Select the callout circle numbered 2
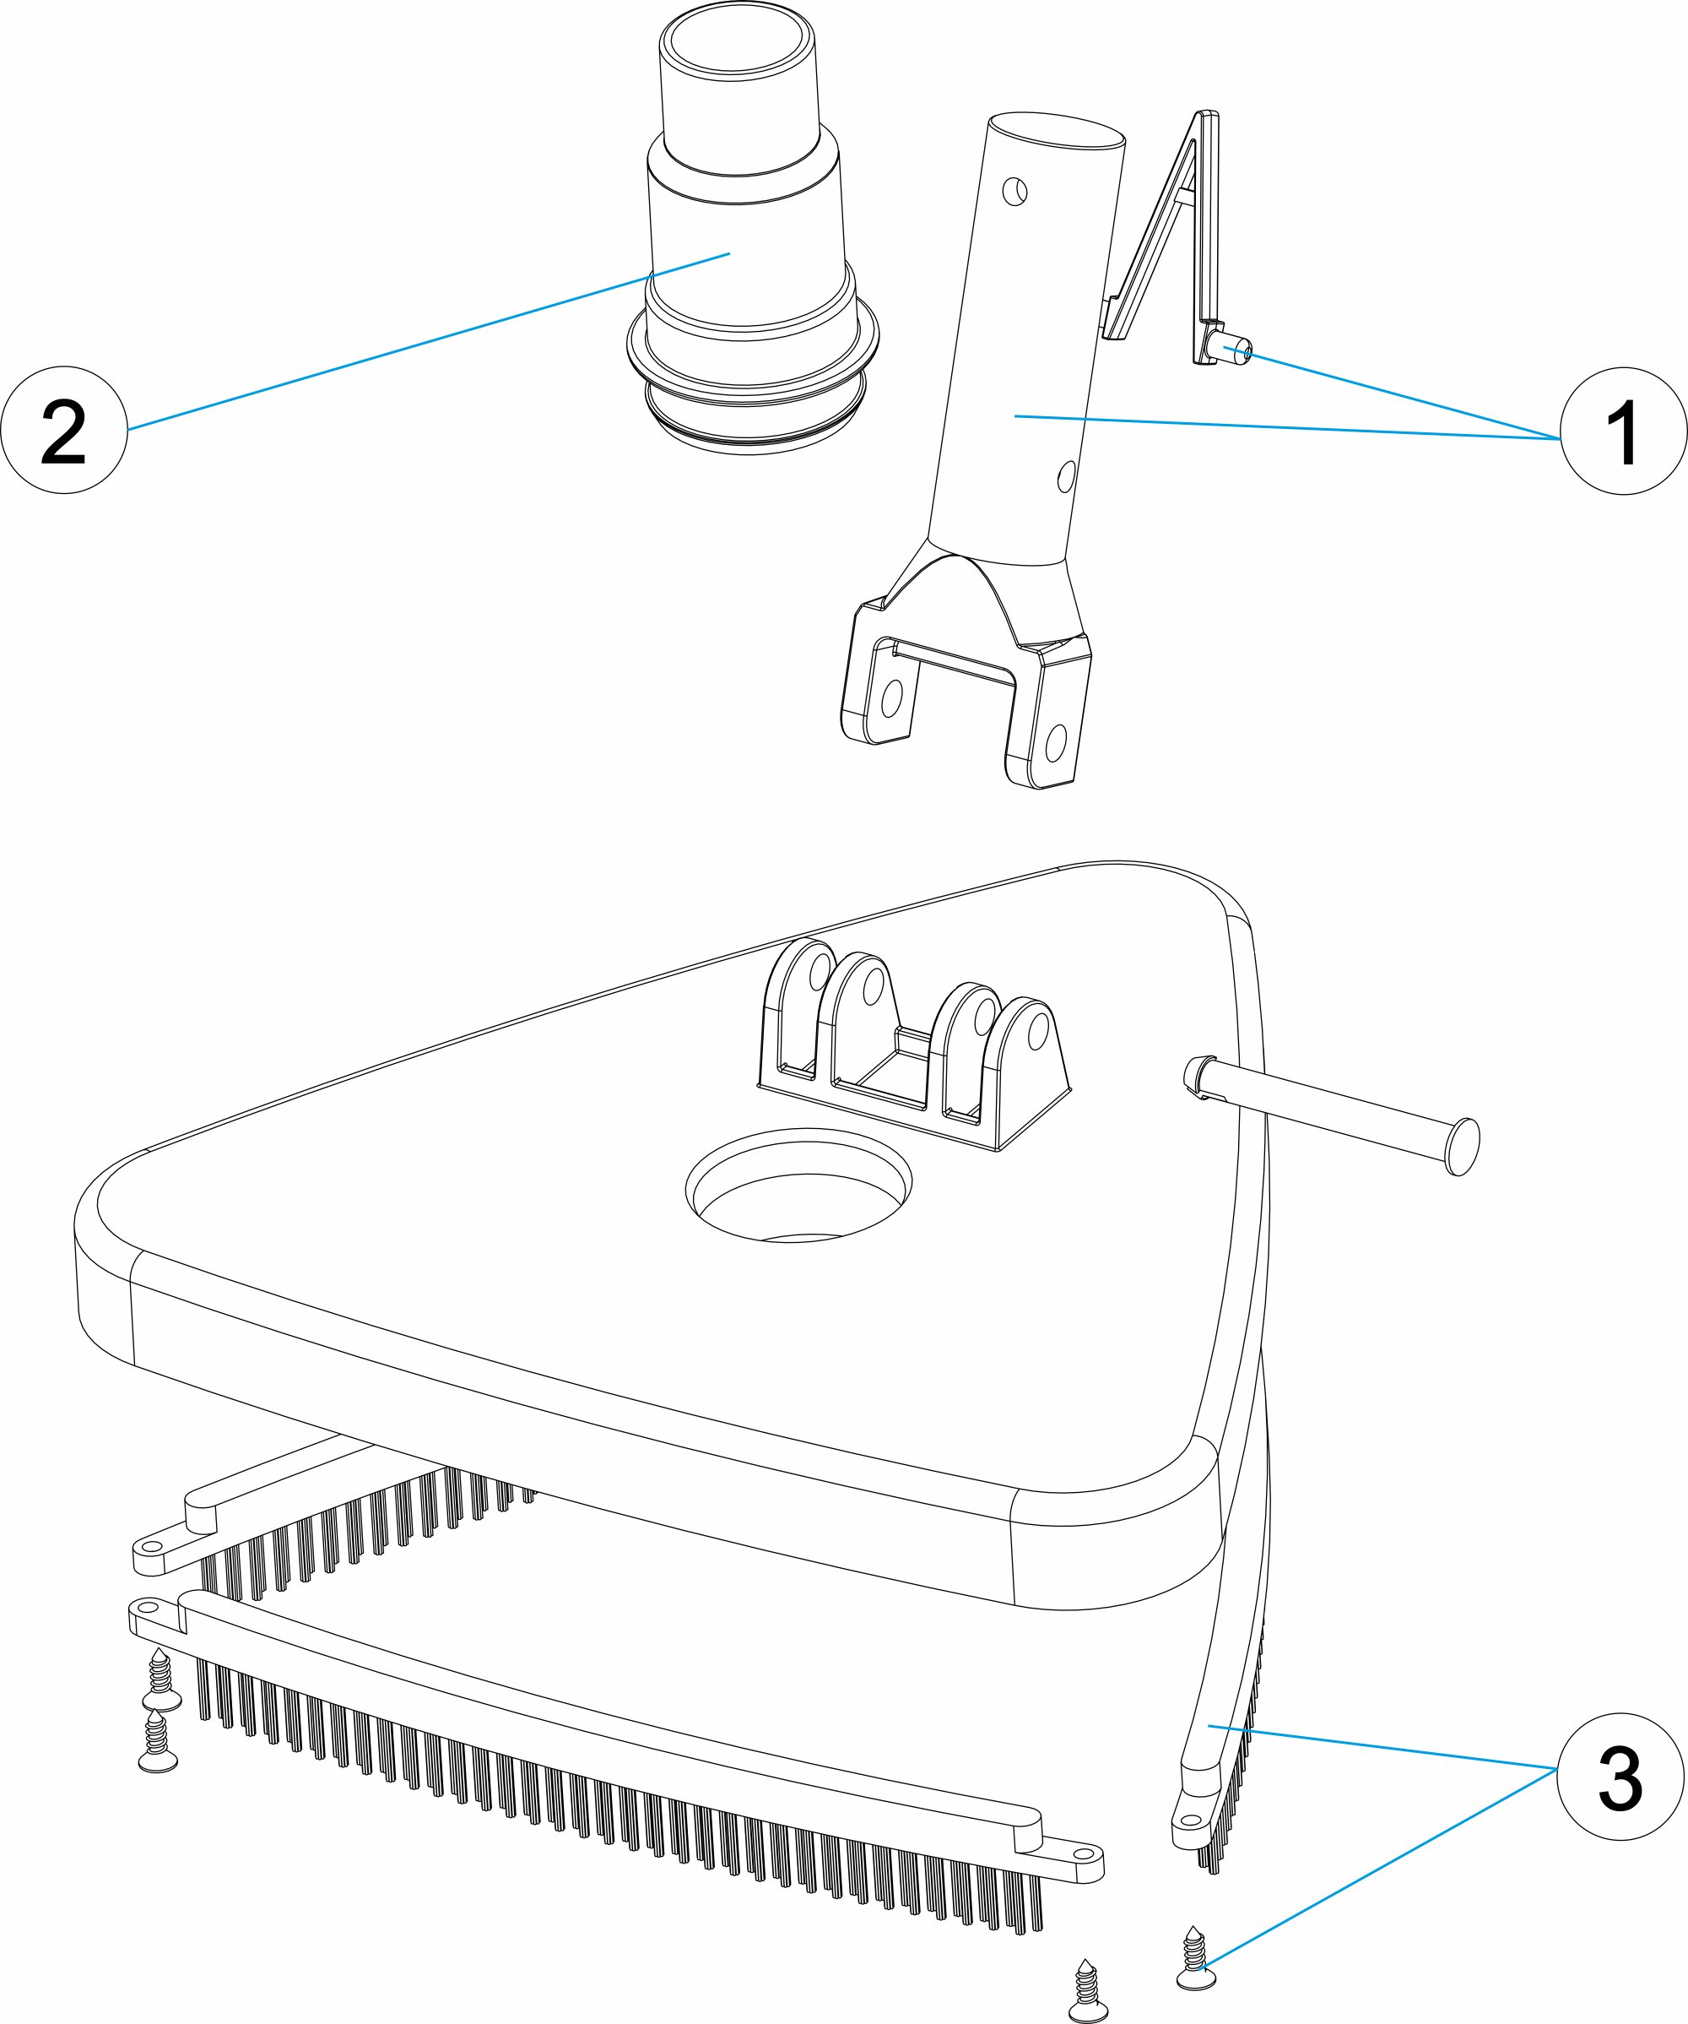[x=63, y=430]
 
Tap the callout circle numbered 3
[x=1620, y=1777]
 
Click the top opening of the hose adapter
[x=736, y=45]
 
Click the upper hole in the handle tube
[x=1014, y=192]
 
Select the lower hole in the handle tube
[x=1067, y=476]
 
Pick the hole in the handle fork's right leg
[x=1056, y=742]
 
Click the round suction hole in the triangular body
[x=798, y=1187]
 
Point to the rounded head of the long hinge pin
[x=1463, y=1147]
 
